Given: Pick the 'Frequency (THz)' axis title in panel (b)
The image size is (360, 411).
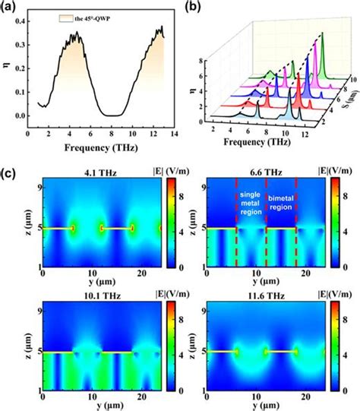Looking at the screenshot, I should pyautogui.click(x=248, y=141).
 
